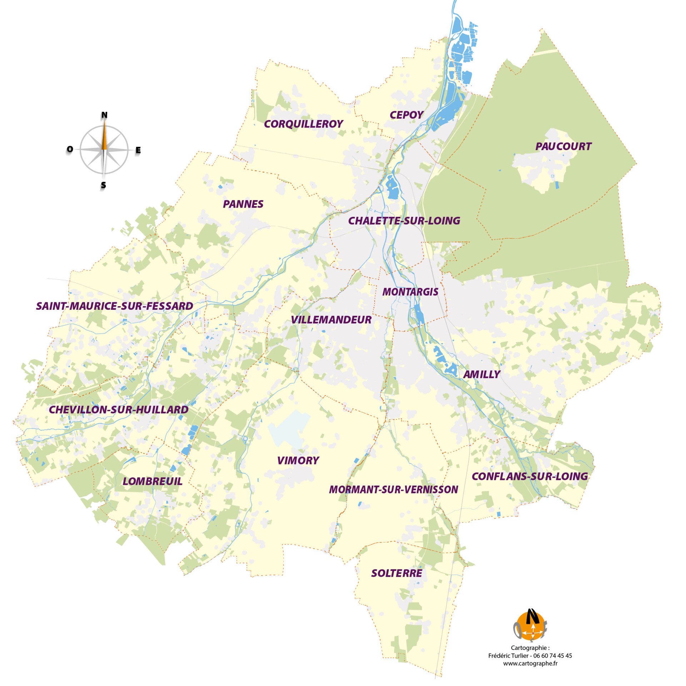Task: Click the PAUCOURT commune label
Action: tap(563, 146)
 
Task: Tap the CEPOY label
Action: tap(406, 115)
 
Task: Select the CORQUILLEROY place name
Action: tap(303, 124)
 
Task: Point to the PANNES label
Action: tap(243, 204)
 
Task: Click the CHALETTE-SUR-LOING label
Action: tap(404, 221)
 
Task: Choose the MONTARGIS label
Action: tap(410, 292)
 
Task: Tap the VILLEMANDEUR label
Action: tap(331, 320)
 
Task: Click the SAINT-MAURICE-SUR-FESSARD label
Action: tap(114, 306)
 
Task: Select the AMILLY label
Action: tap(481, 374)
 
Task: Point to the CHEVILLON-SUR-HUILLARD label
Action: tap(118, 410)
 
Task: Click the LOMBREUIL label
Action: tap(153, 481)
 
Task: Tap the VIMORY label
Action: tap(298, 461)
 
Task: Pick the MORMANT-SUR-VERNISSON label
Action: tap(393, 489)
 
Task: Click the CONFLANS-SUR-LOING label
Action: tap(530, 476)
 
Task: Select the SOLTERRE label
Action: tap(397, 573)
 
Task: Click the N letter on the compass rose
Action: tap(104, 115)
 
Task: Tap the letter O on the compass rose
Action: tap(70, 149)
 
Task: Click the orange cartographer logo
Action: tap(530, 625)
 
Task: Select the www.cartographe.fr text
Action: tap(530, 663)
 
